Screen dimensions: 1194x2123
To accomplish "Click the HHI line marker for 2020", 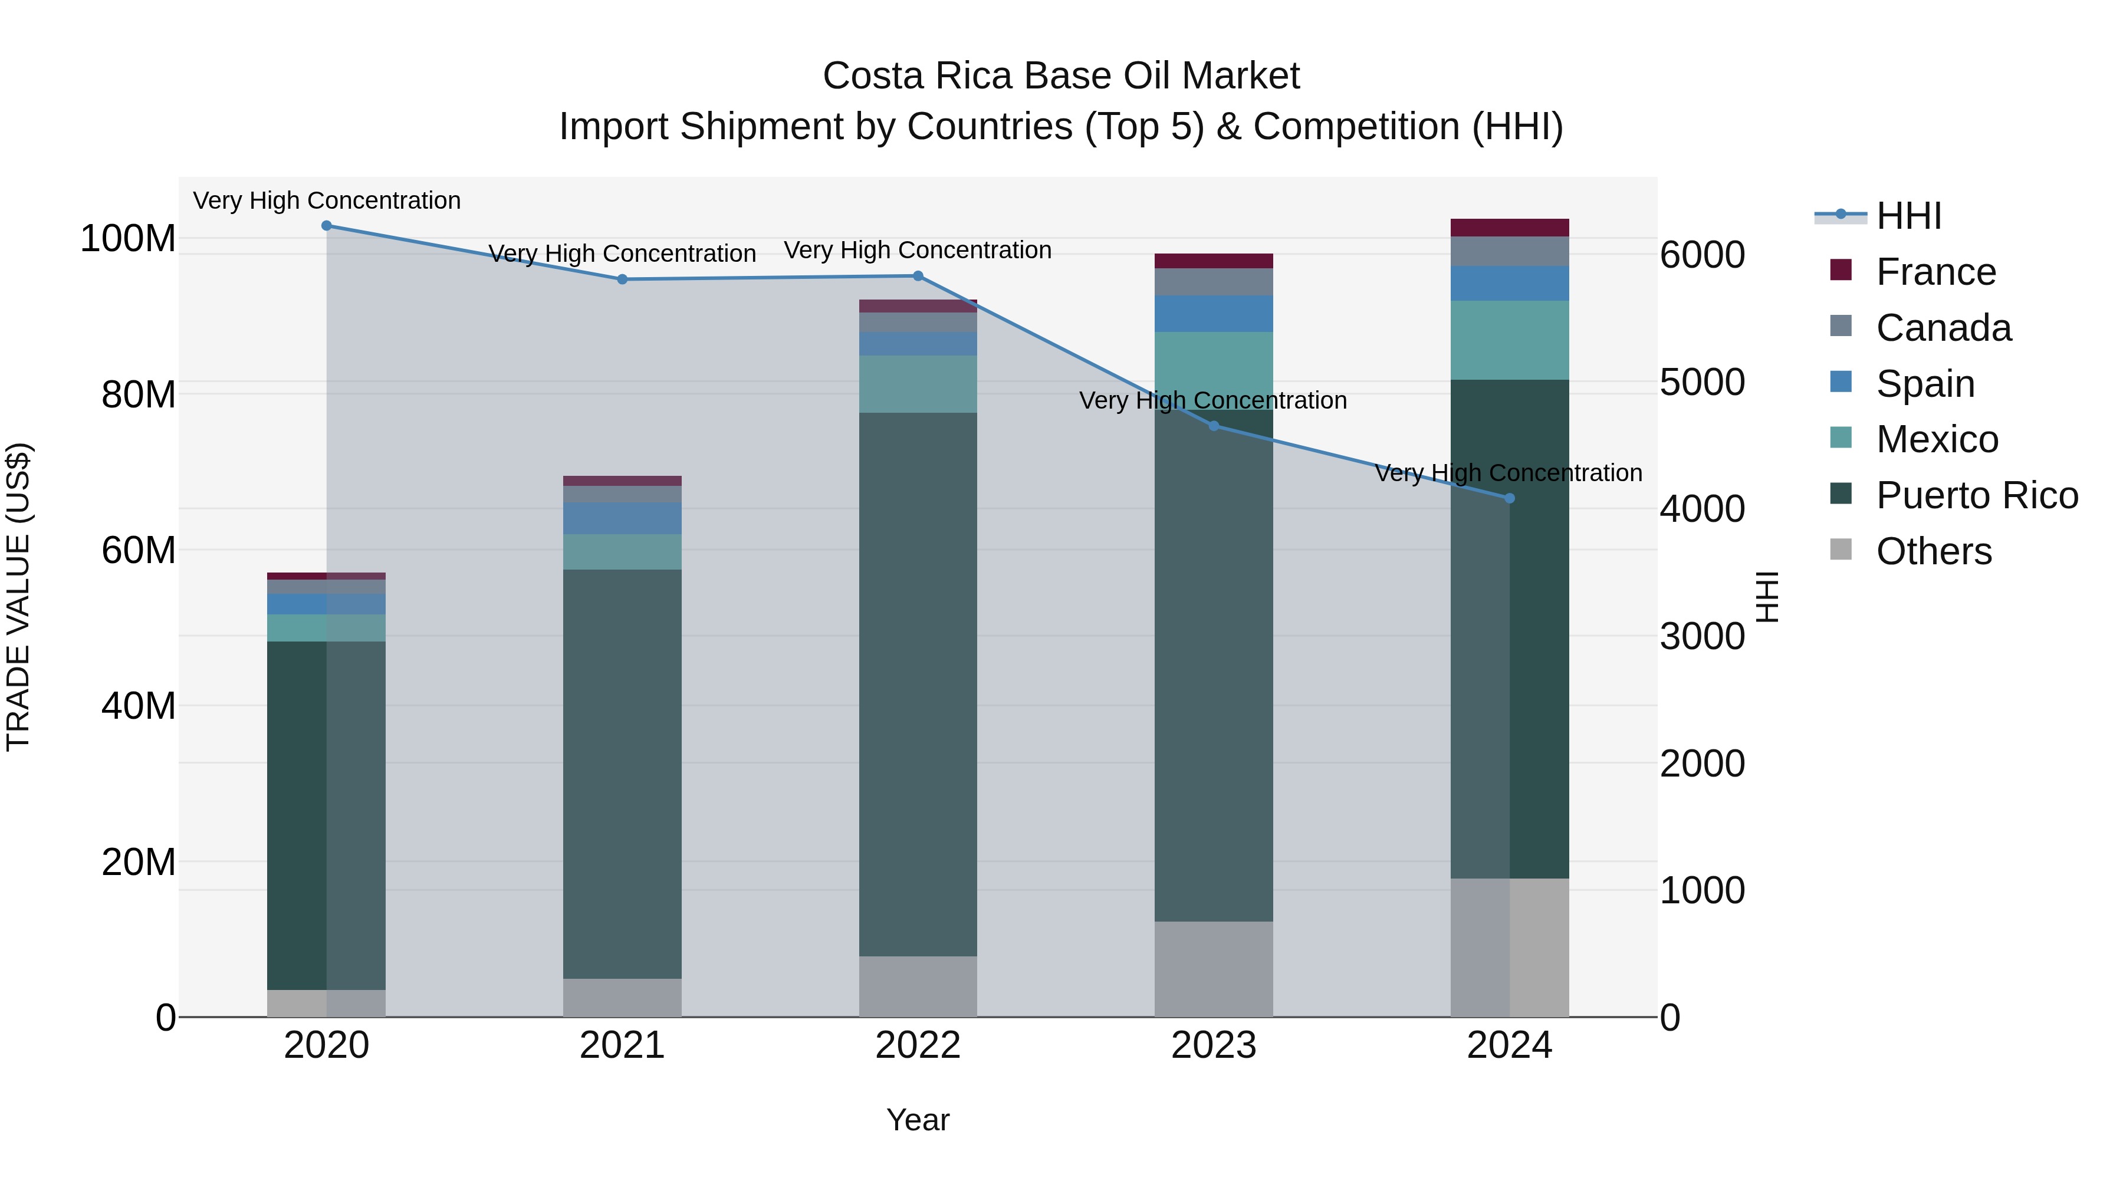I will [x=326, y=225].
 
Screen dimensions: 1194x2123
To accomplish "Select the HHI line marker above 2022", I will [x=918, y=276].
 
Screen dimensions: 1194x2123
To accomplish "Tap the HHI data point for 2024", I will [x=1509, y=498].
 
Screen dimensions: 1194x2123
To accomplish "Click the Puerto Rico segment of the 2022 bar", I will [x=918, y=684].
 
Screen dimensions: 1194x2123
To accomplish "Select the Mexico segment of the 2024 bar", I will [x=1509, y=340].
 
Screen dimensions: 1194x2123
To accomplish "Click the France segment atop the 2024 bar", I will [x=1509, y=228].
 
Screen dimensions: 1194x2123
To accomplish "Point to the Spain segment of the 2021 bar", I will [x=622, y=518].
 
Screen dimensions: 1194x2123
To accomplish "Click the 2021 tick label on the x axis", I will [x=622, y=1045].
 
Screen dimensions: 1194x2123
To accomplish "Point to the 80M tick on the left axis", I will [x=137, y=394].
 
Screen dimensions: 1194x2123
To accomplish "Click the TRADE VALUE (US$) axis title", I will [x=18, y=597].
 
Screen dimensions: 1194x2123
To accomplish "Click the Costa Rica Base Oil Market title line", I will [x=1061, y=76].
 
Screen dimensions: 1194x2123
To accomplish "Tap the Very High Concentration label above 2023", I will [x=1212, y=400].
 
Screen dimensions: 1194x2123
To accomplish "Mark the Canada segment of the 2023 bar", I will [x=1213, y=282].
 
